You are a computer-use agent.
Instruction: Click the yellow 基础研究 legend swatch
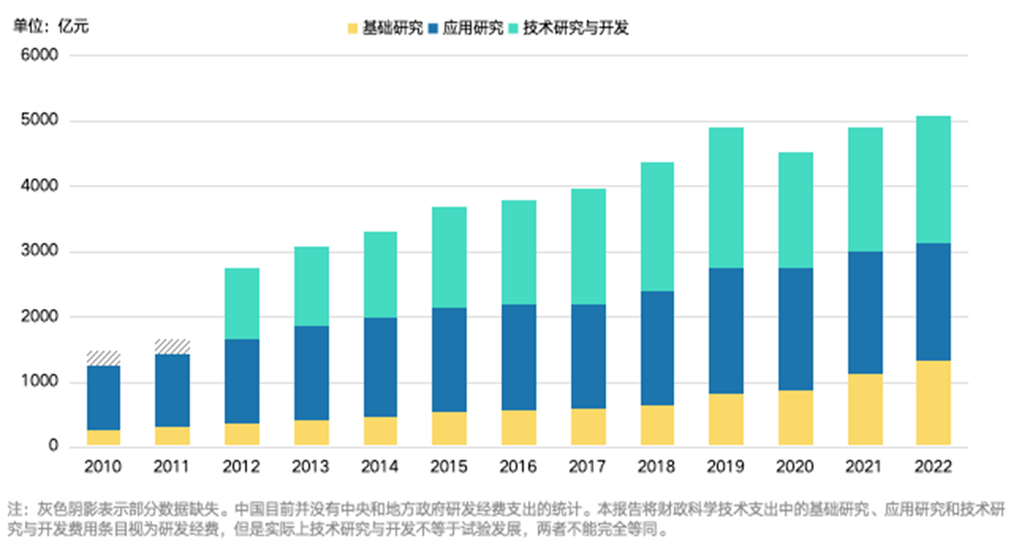pyautogui.click(x=353, y=28)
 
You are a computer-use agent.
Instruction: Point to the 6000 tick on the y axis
pyautogui.click(x=40, y=55)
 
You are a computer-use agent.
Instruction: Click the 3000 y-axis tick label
pyautogui.click(x=40, y=252)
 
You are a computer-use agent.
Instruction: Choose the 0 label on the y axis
pyautogui.click(x=53, y=447)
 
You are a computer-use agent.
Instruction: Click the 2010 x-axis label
pyautogui.click(x=103, y=467)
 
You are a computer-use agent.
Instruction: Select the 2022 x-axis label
pyautogui.click(x=933, y=467)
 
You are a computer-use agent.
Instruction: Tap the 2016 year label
pyautogui.click(x=518, y=467)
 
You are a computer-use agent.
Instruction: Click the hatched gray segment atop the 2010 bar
pyautogui.click(x=103, y=358)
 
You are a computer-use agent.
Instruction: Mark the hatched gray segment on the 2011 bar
pyautogui.click(x=172, y=347)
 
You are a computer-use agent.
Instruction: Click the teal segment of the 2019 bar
pyautogui.click(x=726, y=198)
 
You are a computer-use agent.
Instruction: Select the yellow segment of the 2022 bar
pyautogui.click(x=933, y=403)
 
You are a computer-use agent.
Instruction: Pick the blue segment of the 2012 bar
pyautogui.click(x=241, y=381)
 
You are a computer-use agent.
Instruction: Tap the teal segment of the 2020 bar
pyautogui.click(x=795, y=210)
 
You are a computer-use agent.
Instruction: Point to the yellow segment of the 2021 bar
pyautogui.click(x=864, y=410)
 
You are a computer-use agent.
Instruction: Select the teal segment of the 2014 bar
pyautogui.click(x=380, y=274)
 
